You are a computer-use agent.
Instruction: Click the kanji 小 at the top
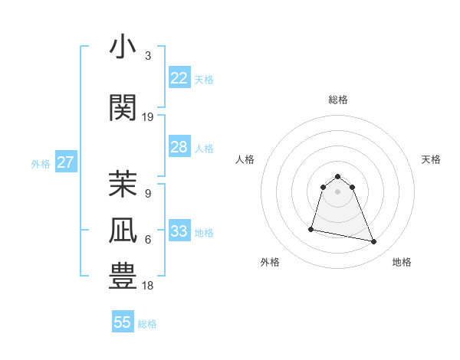(x=123, y=47)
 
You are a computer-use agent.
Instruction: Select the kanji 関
(x=123, y=107)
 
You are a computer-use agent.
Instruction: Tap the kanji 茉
(x=123, y=184)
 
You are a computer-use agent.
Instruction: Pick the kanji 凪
(x=123, y=231)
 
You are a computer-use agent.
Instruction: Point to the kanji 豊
(x=123, y=277)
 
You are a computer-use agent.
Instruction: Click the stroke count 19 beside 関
(x=148, y=117)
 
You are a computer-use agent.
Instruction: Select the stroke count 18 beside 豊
(x=148, y=286)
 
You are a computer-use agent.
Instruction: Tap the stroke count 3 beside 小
(x=148, y=56)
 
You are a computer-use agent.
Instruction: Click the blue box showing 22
(x=179, y=78)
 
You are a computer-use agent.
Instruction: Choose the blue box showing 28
(x=179, y=147)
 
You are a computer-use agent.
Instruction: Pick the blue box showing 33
(x=179, y=231)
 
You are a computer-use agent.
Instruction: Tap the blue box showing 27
(x=65, y=162)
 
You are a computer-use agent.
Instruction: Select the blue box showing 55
(x=123, y=322)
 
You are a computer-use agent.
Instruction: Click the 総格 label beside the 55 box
(x=147, y=324)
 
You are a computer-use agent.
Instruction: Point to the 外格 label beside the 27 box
(x=41, y=164)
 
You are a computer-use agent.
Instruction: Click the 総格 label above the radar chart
(x=337, y=100)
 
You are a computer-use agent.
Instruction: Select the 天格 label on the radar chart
(x=432, y=159)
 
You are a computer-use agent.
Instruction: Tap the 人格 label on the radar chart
(x=245, y=159)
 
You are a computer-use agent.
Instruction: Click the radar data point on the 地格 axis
(x=374, y=242)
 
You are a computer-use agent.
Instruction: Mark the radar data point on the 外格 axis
(x=311, y=228)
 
